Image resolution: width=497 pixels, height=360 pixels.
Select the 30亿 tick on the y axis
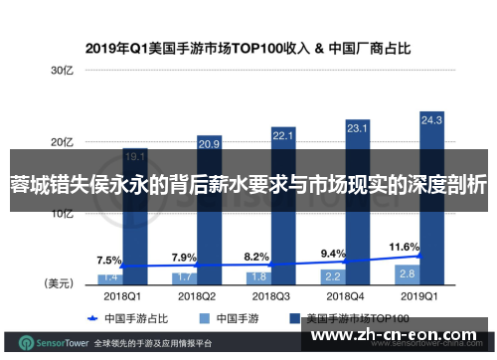point(64,72)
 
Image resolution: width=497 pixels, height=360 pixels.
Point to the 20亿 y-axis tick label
point(64,141)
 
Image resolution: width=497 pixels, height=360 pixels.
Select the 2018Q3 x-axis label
point(269,295)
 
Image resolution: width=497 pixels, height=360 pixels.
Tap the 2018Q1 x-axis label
point(122,295)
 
